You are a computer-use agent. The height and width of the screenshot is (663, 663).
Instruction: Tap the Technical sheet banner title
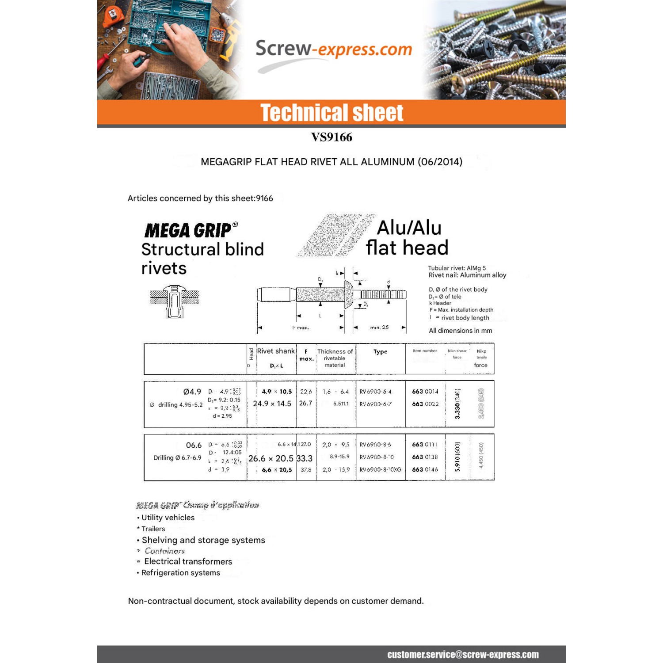331,113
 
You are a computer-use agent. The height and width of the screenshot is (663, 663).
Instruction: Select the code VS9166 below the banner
331,137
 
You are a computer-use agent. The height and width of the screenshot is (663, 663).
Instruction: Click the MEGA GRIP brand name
188,230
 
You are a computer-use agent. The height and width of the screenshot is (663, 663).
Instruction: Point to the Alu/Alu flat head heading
407,238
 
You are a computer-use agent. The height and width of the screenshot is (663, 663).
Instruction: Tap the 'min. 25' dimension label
379,328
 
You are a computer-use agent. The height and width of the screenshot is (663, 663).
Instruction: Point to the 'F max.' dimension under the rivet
301,328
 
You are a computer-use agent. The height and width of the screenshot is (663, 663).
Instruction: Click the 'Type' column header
380,352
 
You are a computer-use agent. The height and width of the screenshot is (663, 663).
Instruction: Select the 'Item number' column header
425,351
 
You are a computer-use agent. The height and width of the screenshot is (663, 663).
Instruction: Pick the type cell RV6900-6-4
375,392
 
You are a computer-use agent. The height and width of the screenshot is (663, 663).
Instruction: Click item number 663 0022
425,404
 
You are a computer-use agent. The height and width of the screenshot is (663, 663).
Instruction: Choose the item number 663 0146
425,469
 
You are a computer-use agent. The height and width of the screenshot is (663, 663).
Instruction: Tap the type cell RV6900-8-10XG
380,469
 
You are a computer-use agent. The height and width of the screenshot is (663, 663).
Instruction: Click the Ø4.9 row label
192,392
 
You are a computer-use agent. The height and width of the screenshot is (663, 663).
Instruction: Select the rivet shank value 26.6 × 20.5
271,458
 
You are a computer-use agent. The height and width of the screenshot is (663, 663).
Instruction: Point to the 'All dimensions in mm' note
460,331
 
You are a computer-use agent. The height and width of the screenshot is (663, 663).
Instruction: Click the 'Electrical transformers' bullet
188,561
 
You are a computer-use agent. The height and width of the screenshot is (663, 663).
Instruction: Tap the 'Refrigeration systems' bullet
181,573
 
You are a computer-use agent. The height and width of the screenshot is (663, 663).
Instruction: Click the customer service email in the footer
463,655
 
